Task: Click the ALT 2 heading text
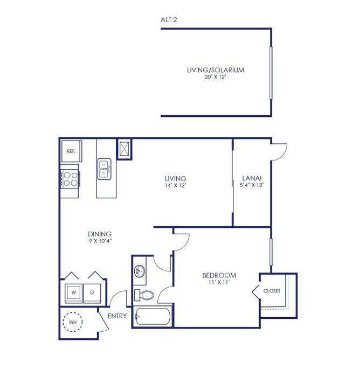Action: pos(169,20)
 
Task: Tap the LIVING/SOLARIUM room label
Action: pos(216,70)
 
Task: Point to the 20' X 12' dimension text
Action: pos(216,77)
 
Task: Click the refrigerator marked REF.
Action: pos(72,151)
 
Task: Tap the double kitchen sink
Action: pos(104,169)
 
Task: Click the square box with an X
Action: pos(124,149)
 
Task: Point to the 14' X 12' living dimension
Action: pos(176,185)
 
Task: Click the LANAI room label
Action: pos(252,178)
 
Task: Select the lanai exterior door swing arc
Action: pos(283,155)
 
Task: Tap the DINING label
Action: pos(100,234)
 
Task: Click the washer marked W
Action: pos(74,293)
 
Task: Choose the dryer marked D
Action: pos(92,293)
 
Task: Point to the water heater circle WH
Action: pos(72,322)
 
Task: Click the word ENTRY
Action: pos(117,316)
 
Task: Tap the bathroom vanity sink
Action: pos(140,271)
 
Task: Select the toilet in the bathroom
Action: pos(144,295)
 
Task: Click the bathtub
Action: pos(153,317)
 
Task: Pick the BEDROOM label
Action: pos(219,275)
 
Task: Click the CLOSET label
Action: pos(272,291)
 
